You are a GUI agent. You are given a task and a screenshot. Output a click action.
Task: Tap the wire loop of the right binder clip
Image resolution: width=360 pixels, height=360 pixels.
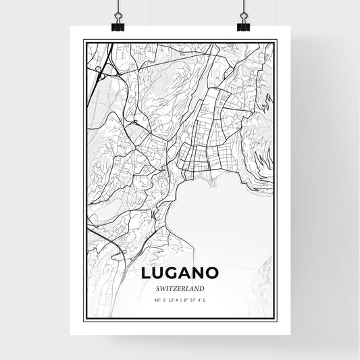click(x=242, y=17)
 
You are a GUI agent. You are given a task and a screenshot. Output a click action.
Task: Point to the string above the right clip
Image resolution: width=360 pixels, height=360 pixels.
click(x=242, y=5)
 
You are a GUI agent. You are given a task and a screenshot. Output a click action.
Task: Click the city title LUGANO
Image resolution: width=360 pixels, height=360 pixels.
click(x=180, y=274)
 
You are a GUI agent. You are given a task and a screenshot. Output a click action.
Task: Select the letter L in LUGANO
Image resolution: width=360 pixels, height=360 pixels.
click(x=147, y=274)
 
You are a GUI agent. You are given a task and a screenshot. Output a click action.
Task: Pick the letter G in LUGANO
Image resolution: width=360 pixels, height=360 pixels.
click(x=174, y=274)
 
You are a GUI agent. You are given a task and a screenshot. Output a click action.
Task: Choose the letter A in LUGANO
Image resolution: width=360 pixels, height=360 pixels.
click(x=186, y=274)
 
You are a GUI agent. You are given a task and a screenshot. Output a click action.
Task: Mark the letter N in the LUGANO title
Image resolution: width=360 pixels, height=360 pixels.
click(x=200, y=274)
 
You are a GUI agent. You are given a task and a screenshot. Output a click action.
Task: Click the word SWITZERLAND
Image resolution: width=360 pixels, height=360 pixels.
click(x=180, y=287)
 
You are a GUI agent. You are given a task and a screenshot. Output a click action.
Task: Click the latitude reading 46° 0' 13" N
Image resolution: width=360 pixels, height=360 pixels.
click(x=164, y=299)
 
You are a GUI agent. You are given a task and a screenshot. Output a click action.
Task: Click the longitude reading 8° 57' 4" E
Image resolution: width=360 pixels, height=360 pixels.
click(x=196, y=299)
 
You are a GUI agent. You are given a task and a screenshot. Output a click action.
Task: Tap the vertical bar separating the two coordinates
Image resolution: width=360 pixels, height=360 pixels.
click(x=180, y=299)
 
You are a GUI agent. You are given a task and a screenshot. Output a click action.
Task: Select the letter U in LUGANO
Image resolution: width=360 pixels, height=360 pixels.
click(x=160, y=274)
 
